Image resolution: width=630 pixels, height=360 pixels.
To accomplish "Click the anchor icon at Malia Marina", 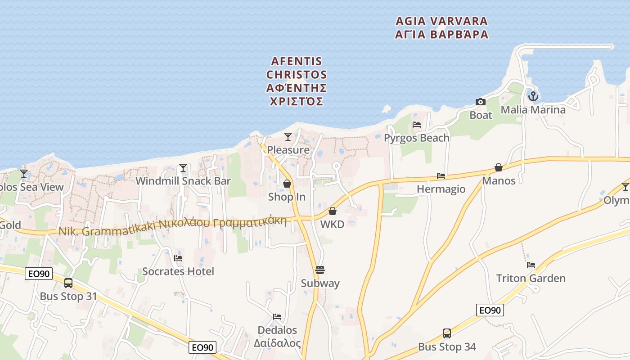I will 533,96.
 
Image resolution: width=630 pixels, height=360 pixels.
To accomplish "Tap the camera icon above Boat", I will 481,102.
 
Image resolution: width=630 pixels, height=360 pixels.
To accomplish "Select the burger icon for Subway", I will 320,270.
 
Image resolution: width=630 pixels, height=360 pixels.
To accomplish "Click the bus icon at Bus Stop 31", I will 68,283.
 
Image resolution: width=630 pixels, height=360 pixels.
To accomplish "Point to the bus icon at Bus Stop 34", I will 447,333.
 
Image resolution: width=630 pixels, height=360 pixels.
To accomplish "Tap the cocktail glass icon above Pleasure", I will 288,136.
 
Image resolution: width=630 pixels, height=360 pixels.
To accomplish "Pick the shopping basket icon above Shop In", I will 287,184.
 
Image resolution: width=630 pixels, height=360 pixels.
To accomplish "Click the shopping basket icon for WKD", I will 333,211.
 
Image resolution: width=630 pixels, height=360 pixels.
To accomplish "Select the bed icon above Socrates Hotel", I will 178,258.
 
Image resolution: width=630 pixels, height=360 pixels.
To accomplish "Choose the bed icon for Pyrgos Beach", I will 417,125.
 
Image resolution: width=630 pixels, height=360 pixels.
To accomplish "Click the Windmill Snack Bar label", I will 183,181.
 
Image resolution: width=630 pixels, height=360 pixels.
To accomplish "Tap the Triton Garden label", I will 531,278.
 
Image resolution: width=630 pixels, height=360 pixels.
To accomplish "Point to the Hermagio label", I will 441,189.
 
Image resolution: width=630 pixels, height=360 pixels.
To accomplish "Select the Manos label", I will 499,181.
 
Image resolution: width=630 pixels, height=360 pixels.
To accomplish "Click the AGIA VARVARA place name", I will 441,21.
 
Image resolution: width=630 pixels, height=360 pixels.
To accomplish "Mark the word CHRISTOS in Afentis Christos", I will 297,74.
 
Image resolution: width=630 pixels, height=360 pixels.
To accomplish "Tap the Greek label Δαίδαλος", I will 277,343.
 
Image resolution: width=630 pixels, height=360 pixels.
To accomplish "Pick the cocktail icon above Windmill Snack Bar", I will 183,168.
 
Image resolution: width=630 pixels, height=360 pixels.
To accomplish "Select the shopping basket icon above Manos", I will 499,167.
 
